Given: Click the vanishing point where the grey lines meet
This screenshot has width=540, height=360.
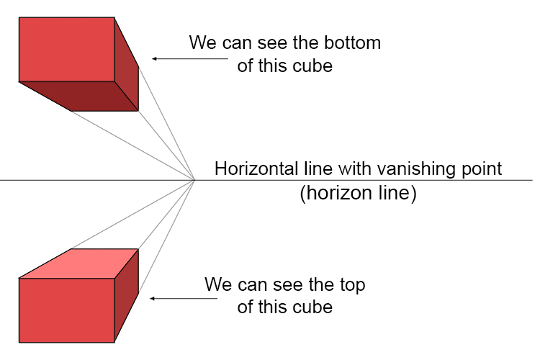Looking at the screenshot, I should click(x=195, y=179).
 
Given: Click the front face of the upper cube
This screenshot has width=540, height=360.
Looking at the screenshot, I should click(x=66, y=49).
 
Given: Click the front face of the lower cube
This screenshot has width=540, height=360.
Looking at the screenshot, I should click(x=66, y=310).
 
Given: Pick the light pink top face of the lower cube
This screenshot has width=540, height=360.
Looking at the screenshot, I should click(x=79, y=263).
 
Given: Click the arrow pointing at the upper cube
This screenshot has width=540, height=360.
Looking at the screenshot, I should click(x=167, y=59).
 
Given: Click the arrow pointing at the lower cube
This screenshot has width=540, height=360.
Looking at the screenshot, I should click(x=167, y=297).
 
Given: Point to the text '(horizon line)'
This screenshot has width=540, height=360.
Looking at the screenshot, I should click(x=358, y=194).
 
